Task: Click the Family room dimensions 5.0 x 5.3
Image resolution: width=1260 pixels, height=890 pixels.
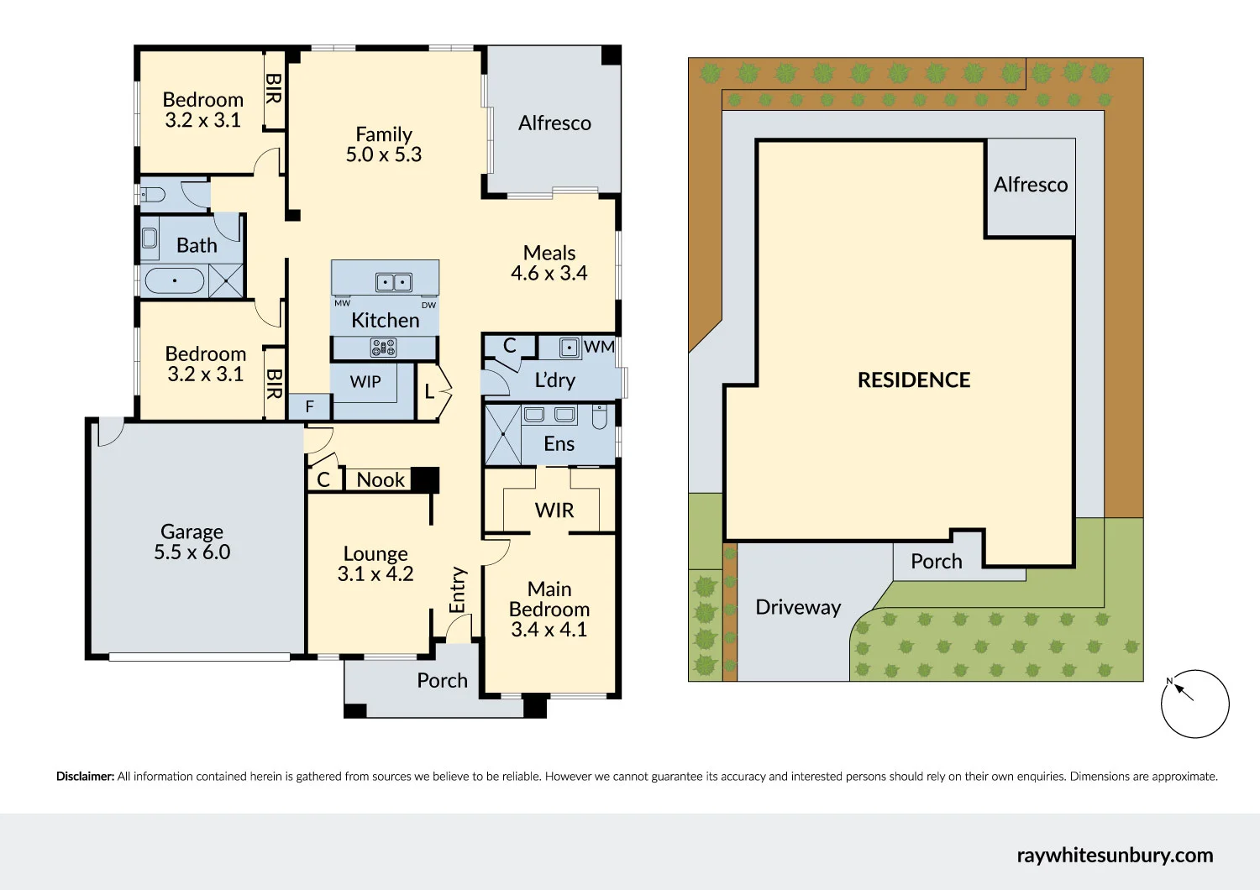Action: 384,155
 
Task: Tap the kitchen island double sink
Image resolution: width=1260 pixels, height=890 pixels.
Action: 393,282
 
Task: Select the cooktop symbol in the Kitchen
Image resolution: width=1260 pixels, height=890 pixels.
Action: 384,347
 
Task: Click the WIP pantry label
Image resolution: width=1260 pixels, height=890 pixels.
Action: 365,382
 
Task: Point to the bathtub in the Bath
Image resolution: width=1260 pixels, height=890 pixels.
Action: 174,280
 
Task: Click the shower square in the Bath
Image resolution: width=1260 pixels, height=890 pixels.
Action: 226,280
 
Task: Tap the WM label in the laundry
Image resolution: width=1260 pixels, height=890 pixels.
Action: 599,347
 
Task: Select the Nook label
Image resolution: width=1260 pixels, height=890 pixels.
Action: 381,480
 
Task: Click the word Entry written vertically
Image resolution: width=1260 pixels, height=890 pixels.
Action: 458,589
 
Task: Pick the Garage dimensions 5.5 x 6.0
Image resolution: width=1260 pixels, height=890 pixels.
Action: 192,552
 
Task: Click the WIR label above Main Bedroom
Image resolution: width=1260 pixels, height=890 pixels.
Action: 554,510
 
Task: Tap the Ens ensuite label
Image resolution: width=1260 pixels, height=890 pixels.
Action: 559,444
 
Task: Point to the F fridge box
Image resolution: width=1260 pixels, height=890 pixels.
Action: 309,407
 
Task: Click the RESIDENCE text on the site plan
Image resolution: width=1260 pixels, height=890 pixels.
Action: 914,380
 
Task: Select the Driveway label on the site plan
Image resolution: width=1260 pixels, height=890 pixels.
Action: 798,608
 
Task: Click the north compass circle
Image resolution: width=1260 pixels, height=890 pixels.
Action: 1194,704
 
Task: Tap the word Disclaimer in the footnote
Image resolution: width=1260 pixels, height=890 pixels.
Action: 85,777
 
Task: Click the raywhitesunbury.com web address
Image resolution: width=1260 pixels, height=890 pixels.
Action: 1115,856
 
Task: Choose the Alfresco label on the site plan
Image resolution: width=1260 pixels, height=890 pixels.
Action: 1031,185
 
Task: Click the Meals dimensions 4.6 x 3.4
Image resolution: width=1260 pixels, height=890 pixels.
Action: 549,274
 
